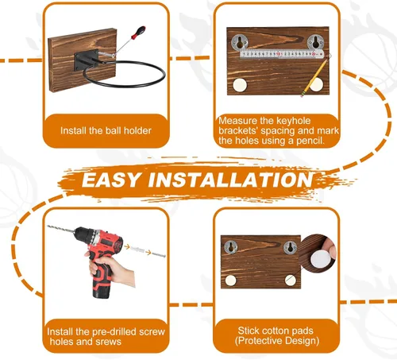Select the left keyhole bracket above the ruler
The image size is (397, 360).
240,42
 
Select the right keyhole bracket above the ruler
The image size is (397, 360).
315,42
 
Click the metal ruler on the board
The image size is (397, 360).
282,54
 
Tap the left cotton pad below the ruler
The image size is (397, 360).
240,86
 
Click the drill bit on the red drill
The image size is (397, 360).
61,230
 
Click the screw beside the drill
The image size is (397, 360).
158,254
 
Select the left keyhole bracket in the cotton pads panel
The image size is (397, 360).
230,247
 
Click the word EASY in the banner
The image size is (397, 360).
111,180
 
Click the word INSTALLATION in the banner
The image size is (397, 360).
231,180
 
